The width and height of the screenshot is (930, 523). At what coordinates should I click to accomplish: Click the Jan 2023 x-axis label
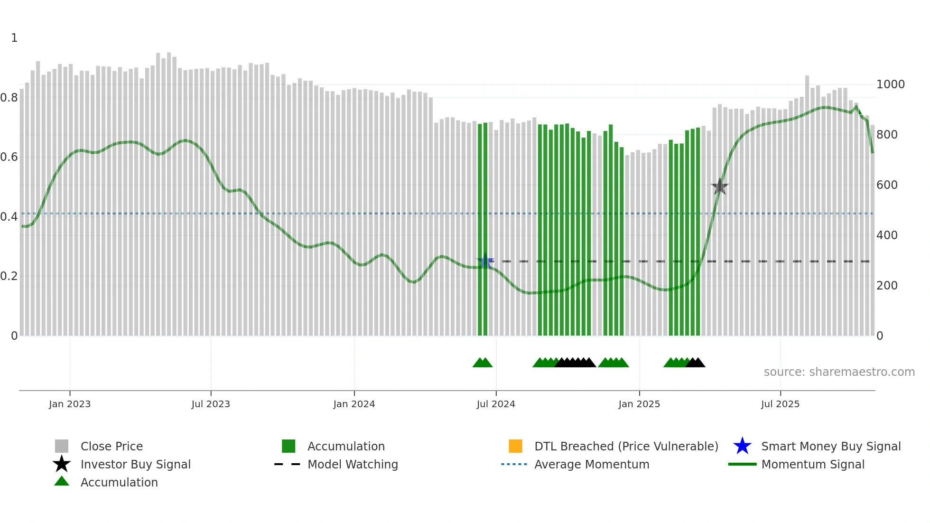70,404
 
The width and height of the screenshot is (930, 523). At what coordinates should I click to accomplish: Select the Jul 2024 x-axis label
496,404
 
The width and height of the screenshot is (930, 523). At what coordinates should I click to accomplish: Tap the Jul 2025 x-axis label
780,404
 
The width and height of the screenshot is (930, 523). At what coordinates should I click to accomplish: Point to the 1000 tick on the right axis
890,84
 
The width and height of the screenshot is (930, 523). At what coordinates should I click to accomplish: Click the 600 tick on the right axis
887,185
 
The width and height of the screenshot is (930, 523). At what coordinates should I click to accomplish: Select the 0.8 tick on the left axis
9,98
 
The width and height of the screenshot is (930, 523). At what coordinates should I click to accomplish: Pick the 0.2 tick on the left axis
9,276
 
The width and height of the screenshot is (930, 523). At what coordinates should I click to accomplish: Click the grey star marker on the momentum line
720,187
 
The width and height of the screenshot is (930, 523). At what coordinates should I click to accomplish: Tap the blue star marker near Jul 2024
485,261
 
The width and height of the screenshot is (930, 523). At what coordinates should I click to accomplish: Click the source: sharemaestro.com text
839,372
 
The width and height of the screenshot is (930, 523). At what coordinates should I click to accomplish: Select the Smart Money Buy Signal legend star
742,446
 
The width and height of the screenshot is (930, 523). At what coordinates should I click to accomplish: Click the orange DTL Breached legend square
515,446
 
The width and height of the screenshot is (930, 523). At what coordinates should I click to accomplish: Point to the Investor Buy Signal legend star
62,464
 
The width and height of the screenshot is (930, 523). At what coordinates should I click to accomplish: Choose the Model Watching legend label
353,464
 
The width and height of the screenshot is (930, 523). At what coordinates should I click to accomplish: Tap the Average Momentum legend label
592,464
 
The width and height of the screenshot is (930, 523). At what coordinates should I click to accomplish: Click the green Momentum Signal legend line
742,464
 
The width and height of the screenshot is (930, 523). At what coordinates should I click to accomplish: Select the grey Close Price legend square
62,446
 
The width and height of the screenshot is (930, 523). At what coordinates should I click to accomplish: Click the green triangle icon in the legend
62,481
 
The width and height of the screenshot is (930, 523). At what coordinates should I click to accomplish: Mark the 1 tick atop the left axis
14,38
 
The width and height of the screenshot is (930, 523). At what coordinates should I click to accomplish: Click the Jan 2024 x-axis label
354,404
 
